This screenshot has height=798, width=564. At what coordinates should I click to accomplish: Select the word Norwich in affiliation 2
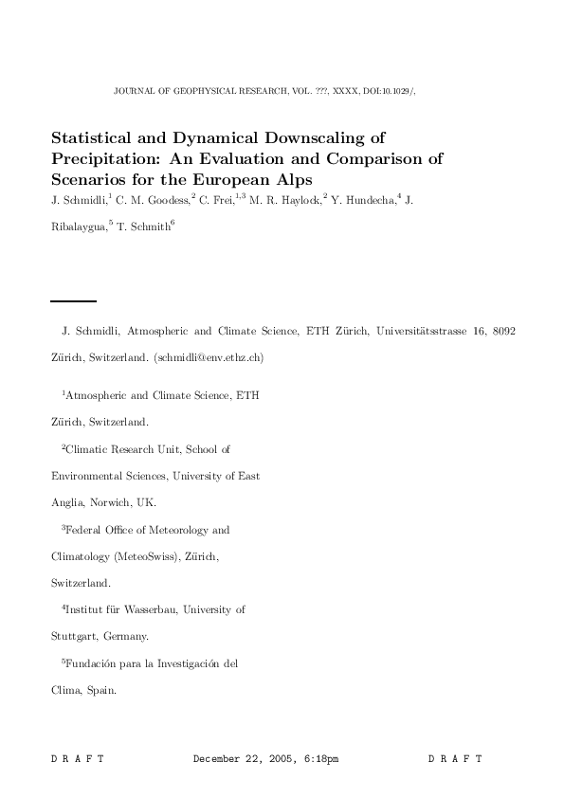(116, 502)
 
